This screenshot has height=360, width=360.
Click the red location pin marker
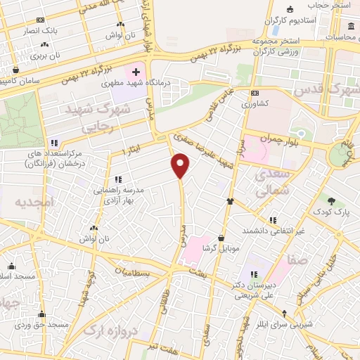181,166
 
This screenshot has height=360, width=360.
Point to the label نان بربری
50,54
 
